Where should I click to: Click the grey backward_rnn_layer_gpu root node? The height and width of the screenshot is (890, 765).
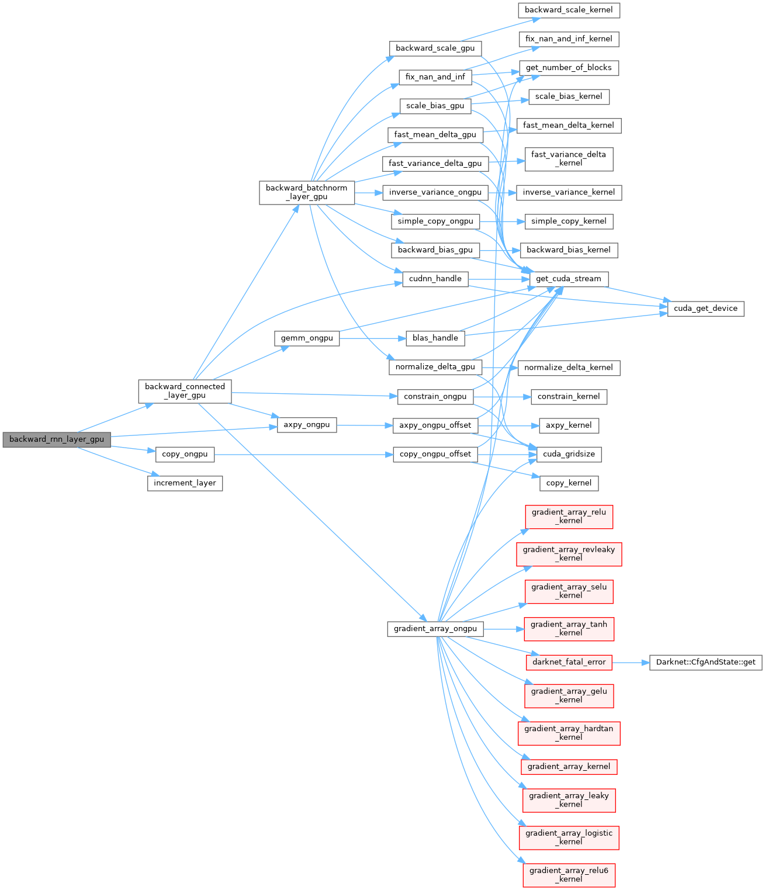(x=56, y=439)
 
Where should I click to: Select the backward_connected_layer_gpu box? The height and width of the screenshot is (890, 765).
(x=185, y=391)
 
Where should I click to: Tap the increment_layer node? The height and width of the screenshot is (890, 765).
(x=185, y=483)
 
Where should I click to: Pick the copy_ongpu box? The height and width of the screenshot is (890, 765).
(x=185, y=454)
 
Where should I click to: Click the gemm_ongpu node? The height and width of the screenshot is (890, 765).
(x=307, y=338)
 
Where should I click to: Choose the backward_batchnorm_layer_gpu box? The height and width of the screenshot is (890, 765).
(x=307, y=192)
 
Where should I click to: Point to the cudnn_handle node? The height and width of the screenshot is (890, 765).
(x=435, y=279)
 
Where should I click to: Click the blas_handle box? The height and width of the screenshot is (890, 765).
(x=435, y=338)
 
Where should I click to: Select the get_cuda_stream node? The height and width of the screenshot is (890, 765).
(x=569, y=279)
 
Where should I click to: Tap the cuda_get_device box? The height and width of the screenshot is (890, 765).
(x=705, y=308)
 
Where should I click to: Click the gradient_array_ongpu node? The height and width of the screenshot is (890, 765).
(x=435, y=629)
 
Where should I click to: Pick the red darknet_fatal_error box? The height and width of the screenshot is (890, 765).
(x=569, y=662)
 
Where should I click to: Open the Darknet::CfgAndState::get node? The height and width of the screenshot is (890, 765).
(x=705, y=662)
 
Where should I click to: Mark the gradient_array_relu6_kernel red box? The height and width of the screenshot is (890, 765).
(x=569, y=875)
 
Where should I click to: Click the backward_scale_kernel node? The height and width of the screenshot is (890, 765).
(x=569, y=10)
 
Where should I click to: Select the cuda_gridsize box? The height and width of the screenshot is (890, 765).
(x=569, y=454)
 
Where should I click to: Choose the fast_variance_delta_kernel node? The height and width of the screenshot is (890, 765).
(x=569, y=159)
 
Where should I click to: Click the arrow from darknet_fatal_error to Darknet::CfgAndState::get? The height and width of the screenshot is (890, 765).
(x=631, y=663)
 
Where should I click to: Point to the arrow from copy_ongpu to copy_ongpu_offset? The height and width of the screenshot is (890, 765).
(x=304, y=454)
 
